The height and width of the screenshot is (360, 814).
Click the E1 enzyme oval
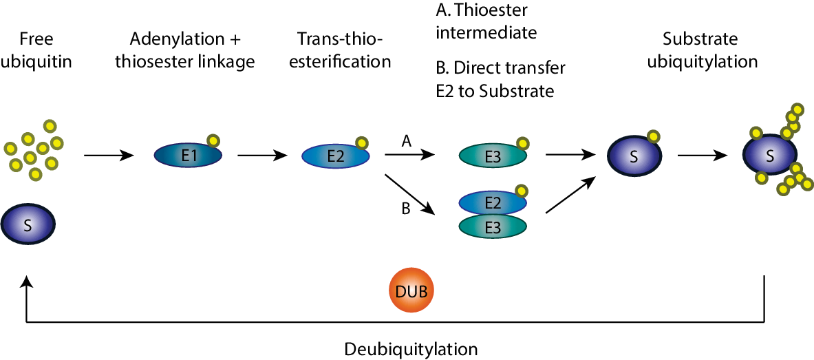pos(187,156)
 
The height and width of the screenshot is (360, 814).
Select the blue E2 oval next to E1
pos(335,156)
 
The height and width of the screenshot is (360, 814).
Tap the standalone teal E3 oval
pos(493,156)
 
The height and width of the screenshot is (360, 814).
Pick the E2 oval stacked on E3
pos(493,202)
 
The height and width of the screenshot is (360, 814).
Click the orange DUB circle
pos(411,290)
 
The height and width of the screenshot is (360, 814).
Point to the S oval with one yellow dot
pos(633,156)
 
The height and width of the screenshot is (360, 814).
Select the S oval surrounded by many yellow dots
pos(769,154)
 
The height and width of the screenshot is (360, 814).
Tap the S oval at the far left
pos(28,224)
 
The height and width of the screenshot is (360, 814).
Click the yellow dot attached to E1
pos(213,140)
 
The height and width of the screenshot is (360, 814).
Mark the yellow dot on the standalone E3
pos(523,143)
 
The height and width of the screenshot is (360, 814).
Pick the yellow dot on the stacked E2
pos(521,191)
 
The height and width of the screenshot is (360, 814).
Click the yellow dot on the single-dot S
pos(653,136)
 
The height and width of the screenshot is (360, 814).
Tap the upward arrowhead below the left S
pos(26,281)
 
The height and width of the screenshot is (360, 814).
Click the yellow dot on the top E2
pos(361,142)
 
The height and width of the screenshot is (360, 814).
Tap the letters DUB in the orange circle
pos(411,292)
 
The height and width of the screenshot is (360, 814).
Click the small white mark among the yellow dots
pos(45,136)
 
